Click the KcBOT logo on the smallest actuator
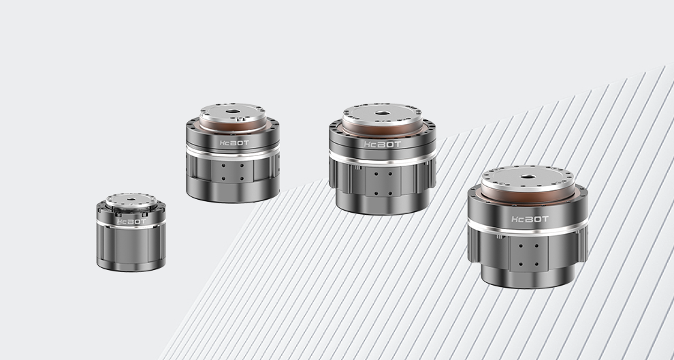(131, 222)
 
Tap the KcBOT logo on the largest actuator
(530, 219)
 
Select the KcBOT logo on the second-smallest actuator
(234, 143)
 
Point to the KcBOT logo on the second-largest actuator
(382, 145)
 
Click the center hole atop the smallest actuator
(131, 199)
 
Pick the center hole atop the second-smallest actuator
(233, 112)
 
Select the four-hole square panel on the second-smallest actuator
(232, 171)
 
